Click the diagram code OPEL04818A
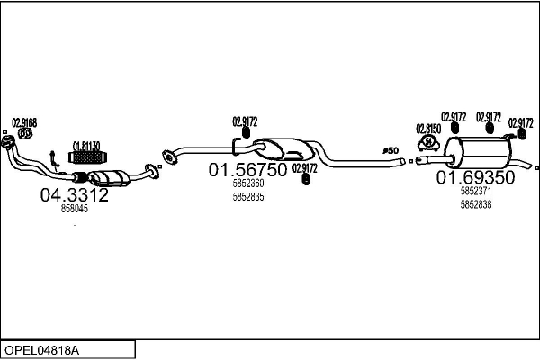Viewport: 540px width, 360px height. (x=41, y=350)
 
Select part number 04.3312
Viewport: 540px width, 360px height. (x=75, y=195)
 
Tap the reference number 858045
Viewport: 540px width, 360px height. (x=75, y=209)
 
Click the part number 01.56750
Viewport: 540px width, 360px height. (x=247, y=170)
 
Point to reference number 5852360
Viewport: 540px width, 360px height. (x=248, y=184)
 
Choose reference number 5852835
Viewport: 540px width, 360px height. (x=248, y=197)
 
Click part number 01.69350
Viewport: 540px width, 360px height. (x=475, y=177)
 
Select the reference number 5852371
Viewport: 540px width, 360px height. (x=476, y=191)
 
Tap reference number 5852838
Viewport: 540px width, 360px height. (x=476, y=204)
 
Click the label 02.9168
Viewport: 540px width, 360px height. (x=24, y=122)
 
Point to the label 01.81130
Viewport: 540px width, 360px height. (x=86, y=146)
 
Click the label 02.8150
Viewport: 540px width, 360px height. (x=428, y=129)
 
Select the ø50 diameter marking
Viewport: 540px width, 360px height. (x=391, y=150)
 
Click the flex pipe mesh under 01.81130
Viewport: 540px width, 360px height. (x=87, y=157)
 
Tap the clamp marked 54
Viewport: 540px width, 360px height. (x=428, y=143)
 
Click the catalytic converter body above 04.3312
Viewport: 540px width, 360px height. (x=110, y=178)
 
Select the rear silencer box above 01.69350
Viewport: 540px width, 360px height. (x=478, y=152)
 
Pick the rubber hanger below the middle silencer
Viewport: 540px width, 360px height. (x=305, y=179)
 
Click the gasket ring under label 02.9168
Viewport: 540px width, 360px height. (x=25, y=134)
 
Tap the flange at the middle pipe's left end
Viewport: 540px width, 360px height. (x=169, y=157)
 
